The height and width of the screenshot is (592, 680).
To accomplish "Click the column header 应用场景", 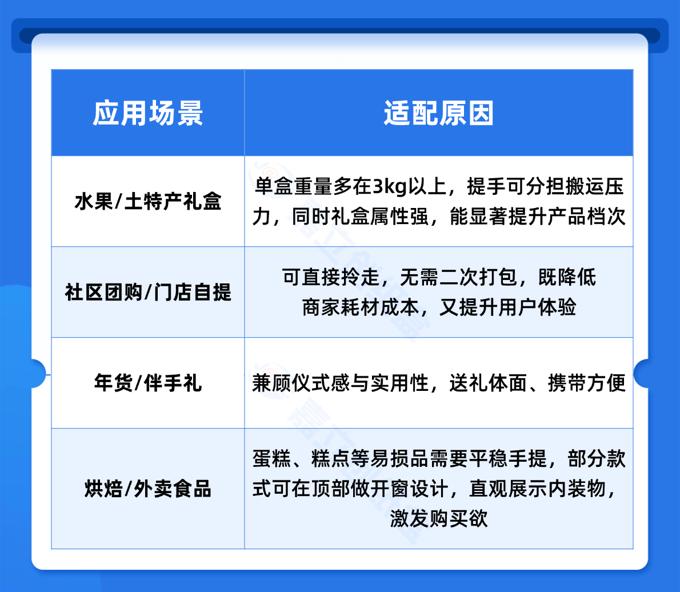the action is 148,113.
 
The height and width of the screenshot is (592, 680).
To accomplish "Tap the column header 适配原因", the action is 438,113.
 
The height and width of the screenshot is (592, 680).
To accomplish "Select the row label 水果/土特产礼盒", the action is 148,202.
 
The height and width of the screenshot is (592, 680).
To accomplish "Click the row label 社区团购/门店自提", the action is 148,293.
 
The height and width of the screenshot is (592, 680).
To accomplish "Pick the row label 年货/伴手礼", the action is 148,383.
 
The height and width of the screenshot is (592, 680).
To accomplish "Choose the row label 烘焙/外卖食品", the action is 148,489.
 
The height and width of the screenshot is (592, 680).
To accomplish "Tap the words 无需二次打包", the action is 458,277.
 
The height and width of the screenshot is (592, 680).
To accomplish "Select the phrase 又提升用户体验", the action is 508,307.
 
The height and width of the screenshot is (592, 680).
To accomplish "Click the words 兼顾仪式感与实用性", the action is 341,383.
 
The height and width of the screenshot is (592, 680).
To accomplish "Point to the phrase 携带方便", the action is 587,383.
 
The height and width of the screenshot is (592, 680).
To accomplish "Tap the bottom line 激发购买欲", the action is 439,519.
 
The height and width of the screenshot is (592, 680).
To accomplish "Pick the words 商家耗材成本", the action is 361,307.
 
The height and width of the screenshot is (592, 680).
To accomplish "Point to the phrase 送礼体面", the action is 488,383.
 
